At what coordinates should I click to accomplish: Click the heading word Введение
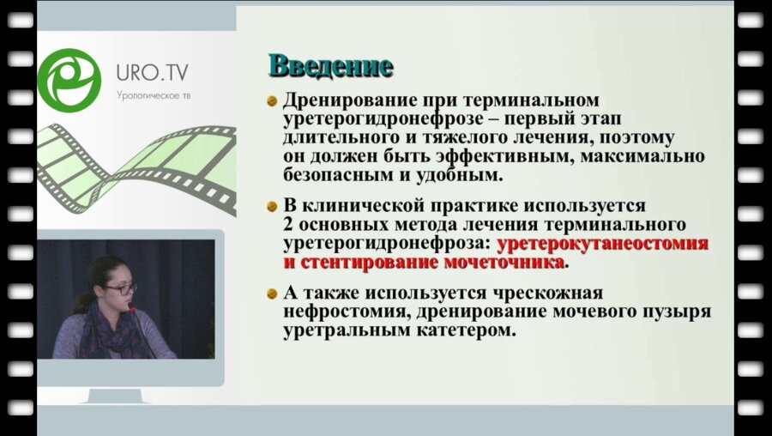(x=331, y=65)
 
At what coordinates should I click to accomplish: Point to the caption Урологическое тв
(x=154, y=96)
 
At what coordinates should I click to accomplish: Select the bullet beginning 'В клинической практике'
(x=272, y=208)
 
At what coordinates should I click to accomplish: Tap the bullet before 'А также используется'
(x=272, y=293)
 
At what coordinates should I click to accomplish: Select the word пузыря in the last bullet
(x=674, y=312)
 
